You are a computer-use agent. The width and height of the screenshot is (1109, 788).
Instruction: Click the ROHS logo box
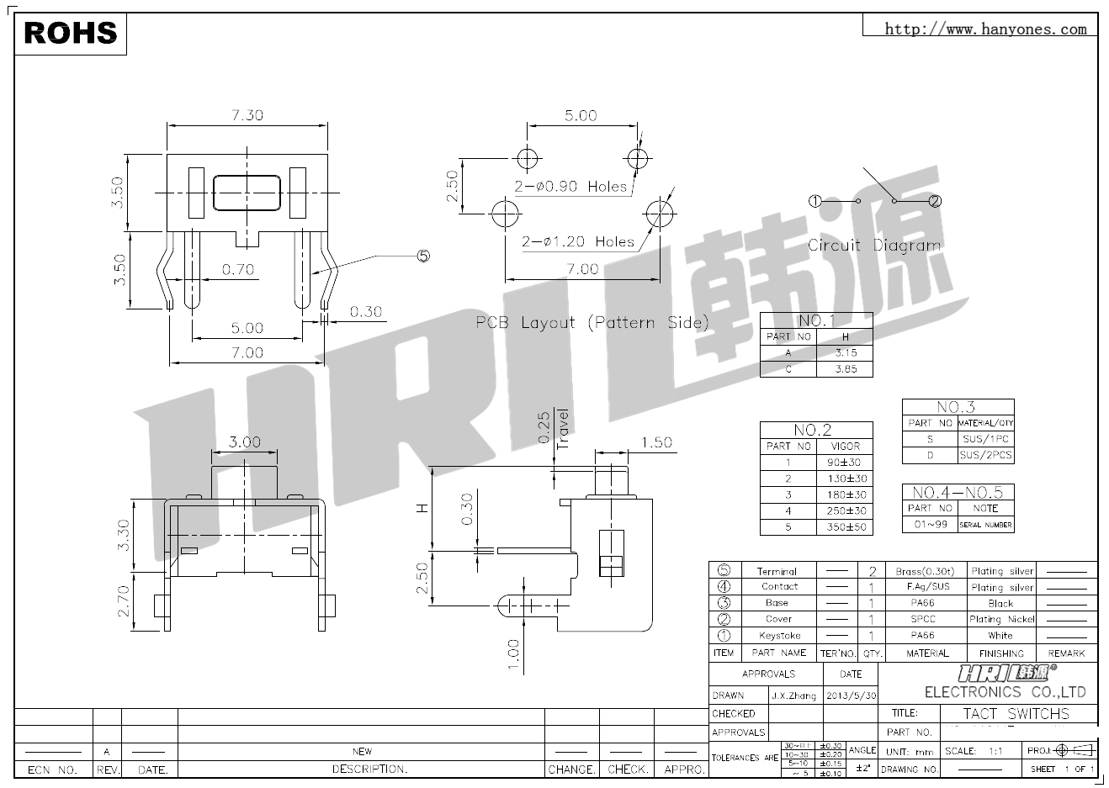pos(71,34)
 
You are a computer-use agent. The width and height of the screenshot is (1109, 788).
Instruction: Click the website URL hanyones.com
pos(985,29)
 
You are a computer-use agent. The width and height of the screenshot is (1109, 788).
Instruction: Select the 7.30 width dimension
pos(247,114)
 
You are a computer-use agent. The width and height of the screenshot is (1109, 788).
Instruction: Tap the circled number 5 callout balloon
pos(422,255)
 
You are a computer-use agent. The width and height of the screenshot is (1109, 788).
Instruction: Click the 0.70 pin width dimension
pos(238,270)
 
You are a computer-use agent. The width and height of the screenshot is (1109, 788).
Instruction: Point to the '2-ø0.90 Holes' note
pos(571,187)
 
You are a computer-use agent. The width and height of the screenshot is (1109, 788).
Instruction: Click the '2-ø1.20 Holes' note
pos(578,242)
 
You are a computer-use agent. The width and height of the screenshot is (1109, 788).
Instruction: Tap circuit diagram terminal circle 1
pos(815,201)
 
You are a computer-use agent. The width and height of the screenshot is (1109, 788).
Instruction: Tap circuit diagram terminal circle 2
pos(935,201)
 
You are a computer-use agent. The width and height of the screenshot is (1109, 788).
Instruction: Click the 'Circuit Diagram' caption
pos(874,246)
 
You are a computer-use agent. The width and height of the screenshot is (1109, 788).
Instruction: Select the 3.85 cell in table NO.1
pos(845,369)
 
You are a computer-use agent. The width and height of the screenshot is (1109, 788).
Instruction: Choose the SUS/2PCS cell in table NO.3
pos(985,455)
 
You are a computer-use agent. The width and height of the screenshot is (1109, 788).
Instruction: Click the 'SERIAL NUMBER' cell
pos(985,525)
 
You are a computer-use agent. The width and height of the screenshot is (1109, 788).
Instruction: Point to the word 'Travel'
pos(563,429)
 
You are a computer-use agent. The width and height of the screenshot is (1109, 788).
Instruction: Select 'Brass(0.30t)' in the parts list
pos(924,571)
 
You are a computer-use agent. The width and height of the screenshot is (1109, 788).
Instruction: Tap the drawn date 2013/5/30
pos(851,695)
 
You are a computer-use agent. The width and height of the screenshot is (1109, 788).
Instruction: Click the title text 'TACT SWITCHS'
pos(1016,714)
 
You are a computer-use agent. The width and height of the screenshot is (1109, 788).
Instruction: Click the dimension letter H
pos(423,508)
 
